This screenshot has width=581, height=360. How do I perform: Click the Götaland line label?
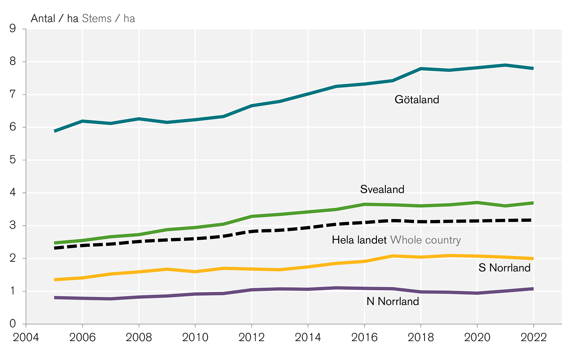coord(417,100)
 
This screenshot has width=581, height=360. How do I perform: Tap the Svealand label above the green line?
coord(382,189)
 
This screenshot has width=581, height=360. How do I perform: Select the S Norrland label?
coord(504,268)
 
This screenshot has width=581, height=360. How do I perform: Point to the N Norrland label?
coord(393,302)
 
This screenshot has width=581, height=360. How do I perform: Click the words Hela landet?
coord(359,240)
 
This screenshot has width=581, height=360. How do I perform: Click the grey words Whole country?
coord(426,240)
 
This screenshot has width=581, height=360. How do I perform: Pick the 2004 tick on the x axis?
coord(26,337)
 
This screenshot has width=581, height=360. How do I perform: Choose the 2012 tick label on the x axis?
coord(252,337)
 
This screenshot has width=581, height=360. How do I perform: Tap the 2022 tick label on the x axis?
coord(534,337)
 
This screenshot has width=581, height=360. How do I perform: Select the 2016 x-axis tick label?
coord(364,337)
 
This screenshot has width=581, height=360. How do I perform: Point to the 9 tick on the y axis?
coord(13,29)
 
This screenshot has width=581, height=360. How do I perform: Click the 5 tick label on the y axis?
coord(13,160)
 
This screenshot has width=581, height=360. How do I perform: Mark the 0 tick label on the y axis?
coord(13,324)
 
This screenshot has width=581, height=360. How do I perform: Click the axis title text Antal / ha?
coord(55,19)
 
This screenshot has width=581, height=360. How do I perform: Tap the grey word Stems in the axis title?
coord(97,19)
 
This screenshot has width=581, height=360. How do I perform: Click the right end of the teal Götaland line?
coord(533,68)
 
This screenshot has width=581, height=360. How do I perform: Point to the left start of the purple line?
coord(55,297)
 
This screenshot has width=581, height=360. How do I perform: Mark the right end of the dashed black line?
coord(533,220)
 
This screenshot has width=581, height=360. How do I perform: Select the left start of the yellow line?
coord(55,279)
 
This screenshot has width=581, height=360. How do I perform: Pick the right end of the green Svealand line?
coord(533,203)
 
